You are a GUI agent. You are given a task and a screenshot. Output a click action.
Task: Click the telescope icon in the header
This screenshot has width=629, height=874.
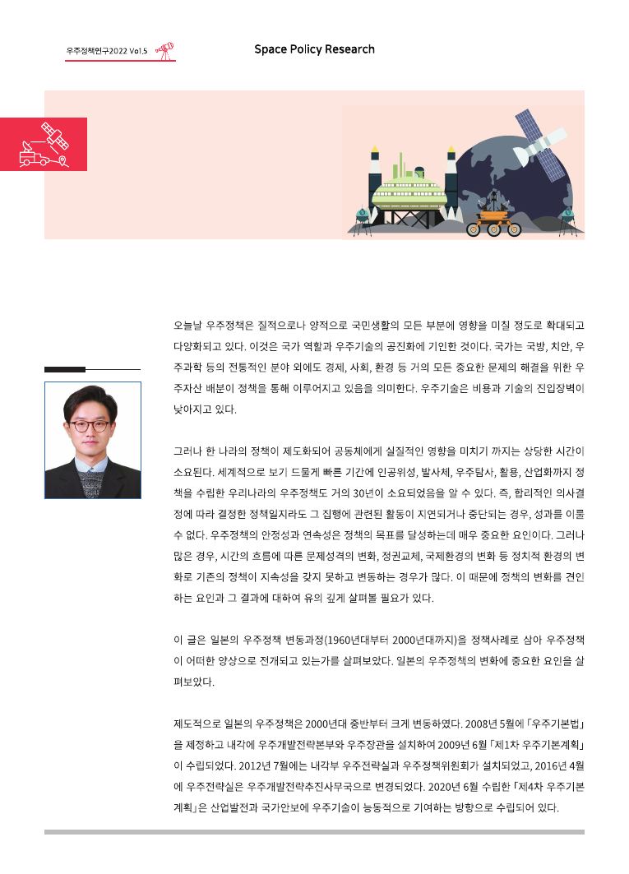coord(166,50)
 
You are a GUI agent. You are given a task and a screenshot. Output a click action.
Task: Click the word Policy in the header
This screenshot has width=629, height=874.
coord(305,49)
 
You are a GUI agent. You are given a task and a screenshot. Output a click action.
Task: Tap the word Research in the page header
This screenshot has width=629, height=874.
coord(350,49)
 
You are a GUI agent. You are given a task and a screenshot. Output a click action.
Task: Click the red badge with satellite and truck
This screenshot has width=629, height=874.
coord(44,144)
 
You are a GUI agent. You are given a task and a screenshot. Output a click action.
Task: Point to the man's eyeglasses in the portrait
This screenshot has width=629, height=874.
coord(90,426)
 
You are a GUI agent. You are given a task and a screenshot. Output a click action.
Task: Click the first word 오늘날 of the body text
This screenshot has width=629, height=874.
coord(188,326)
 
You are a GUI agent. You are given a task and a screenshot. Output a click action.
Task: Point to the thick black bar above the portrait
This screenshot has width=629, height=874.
coord(65,369)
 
